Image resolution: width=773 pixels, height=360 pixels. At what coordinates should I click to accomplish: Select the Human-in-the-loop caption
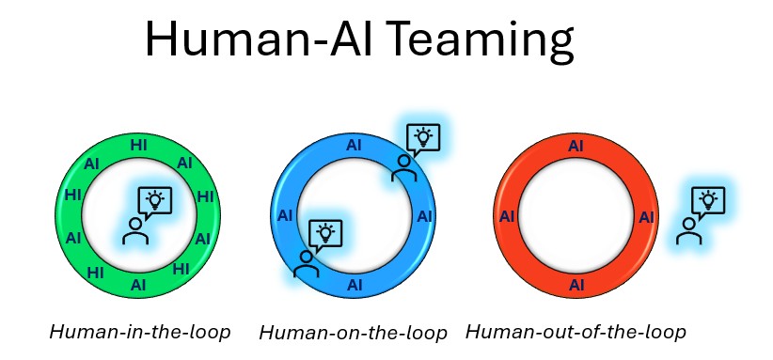(140, 332)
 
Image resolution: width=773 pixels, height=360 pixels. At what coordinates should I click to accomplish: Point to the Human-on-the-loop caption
(353, 333)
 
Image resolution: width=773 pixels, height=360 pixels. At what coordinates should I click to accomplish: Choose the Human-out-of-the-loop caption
(576, 332)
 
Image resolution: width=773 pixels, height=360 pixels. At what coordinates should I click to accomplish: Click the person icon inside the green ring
(135, 231)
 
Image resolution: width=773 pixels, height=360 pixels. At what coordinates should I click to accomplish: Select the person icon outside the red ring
(689, 231)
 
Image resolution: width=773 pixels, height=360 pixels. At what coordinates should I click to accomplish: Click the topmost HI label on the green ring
(138, 145)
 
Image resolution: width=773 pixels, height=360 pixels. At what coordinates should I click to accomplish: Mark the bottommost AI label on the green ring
(138, 285)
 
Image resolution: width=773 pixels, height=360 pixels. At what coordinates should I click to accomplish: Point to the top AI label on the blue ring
(354, 146)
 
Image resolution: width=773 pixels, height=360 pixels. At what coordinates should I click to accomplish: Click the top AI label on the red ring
(576, 146)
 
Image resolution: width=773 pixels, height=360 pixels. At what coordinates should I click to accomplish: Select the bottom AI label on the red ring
(576, 285)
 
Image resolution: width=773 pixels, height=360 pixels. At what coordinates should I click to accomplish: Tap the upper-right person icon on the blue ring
(404, 168)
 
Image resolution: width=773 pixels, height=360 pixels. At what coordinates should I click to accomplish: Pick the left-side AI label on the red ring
(507, 216)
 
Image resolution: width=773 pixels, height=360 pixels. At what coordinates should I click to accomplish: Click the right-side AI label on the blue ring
(424, 216)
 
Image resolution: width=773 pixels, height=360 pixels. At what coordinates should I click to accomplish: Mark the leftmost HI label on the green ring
(73, 195)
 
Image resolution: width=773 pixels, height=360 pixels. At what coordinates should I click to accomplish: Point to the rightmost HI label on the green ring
(205, 196)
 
